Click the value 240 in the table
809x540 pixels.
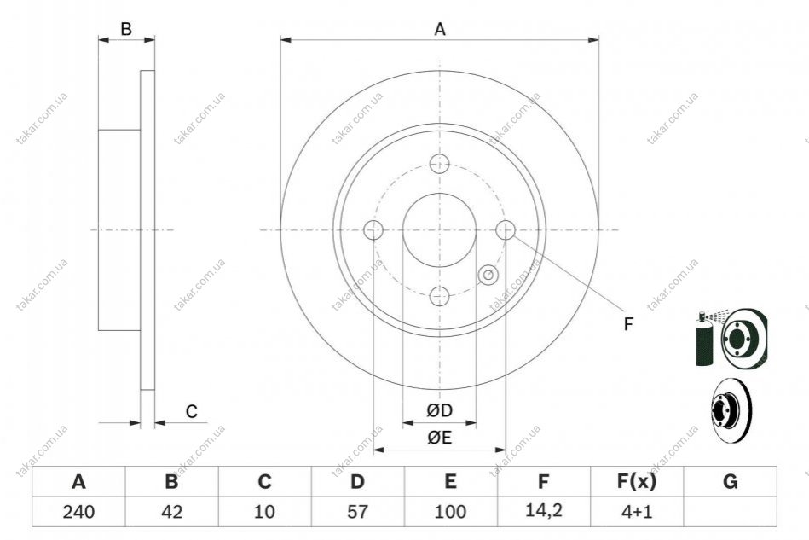click(78, 512)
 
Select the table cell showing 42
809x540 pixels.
click(172, 512)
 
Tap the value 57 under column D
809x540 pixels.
click(357, 512)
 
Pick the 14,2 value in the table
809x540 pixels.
click(544, 511)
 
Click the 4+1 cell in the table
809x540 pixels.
click(637, 512)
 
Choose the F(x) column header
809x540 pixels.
click(637, 482)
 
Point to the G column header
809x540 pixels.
click(730, 482)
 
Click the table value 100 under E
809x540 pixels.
click(450, 512)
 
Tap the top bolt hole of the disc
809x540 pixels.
click(440, 164)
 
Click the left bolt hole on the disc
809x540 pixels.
click(373, 229)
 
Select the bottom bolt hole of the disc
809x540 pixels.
click(440, 296)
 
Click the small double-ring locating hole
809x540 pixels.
click(488, 275)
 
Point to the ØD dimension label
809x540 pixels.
click(440, 411)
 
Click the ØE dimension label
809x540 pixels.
click(440, 438)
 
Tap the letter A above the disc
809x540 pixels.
click(440, 29)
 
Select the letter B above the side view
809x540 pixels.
click(126, 29)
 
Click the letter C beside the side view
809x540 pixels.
click(192, 411)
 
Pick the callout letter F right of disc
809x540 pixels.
click(628, 324)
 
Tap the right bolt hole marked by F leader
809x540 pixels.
click(506, 229)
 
